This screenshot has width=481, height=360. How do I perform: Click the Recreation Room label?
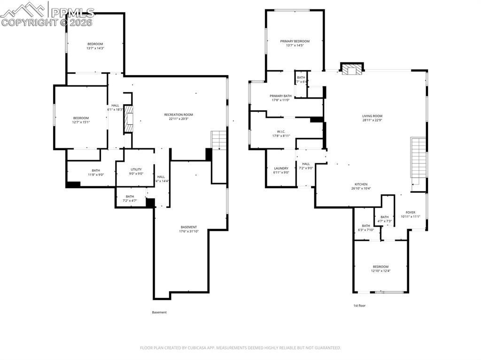pyautogui.click(x=178, y=115)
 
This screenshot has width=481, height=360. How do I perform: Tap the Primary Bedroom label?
pyautogui.click(x=295, y=41)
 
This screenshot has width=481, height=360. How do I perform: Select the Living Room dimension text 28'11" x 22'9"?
pyautogui.click(x=372, y=120)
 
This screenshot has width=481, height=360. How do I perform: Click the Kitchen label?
pyautogui.click(x=361, y=184)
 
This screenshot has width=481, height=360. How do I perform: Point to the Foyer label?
pyautogui.click(x=411, y=212)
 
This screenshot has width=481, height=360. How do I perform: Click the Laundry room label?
pyautogui.click(x=281, y=168)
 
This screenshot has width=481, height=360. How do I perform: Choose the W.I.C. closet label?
pyautogui.click(x=281, y=131)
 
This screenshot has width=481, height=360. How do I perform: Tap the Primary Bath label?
pyautogui.click(x=281, y=96)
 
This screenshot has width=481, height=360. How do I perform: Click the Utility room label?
pyautogui.click(x=136, y=169)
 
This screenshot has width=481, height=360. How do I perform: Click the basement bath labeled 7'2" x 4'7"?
pyautogui.click(x=130, y=196)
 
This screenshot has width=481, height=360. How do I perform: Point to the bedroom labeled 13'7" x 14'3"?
pyautogui.click(x=95, y=44)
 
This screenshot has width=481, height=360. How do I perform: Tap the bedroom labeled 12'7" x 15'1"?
pyautogui.click(x=81, y=118)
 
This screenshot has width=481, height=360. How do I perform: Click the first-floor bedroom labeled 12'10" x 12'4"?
pyautogui.click(x=380, y=267)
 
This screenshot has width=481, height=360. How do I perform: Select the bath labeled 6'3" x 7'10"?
pyautogui.click(x=365, y=226)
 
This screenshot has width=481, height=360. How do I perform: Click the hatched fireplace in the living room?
pyautogui.click(x=351, y=70)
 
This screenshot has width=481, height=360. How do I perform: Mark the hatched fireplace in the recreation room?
pyautogui.click(x=128, y=120)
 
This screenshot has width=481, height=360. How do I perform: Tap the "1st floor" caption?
pyautogui.click(x=359, y=306)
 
